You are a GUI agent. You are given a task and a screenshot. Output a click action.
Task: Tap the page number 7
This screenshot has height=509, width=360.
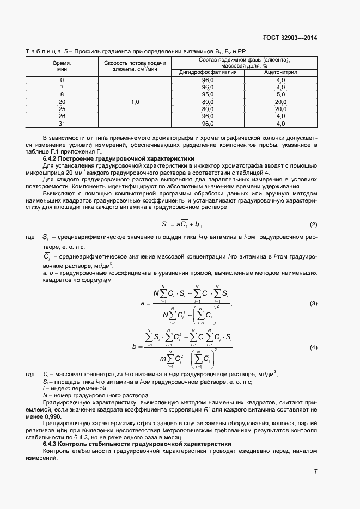click(x=315, y=471)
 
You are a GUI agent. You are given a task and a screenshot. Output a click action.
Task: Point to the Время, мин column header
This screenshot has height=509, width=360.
click(x=62, y=66)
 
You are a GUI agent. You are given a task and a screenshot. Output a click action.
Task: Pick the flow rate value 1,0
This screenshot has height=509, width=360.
click(x=135, y=102)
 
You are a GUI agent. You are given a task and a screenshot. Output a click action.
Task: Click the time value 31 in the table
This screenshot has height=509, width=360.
click(x=62, y=123)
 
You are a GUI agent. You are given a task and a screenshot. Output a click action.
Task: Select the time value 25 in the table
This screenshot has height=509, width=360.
click(x=62, y=109)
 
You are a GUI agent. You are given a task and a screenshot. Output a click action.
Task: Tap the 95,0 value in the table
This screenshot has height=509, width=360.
click(x=208, y=94)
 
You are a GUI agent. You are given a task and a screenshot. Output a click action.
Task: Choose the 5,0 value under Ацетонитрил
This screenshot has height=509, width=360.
click(x=281, y=94)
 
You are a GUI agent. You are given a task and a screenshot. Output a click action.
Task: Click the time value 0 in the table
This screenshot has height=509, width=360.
click(x=62, y=80)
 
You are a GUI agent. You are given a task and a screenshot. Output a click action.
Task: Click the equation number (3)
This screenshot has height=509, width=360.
click(x=313, y=303)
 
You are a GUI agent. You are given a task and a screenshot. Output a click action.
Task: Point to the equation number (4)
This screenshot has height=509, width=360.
click(x=313, y=347)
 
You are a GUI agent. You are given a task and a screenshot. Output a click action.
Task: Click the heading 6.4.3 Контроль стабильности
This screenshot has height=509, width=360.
click(x=137, y=444)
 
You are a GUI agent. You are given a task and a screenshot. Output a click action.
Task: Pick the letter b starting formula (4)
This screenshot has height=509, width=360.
click(x=133, y=347)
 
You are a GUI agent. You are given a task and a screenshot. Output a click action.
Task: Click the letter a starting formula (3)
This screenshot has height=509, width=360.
click(x=142, y=303)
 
